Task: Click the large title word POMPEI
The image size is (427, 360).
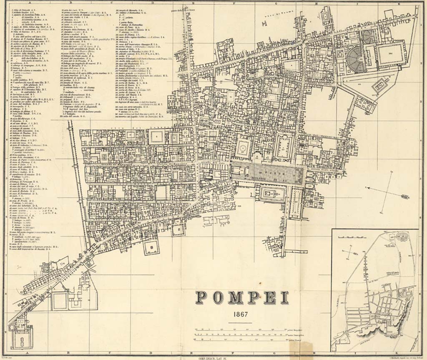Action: pyautogui.click(x=242, y=297)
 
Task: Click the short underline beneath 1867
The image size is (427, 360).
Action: pyautogui.click(x=240, y=322)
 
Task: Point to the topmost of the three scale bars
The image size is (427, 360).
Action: pyautogui.click(x=240, y=330)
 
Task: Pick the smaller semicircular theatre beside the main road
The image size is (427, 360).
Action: pyautogui.click(x=368, y=37)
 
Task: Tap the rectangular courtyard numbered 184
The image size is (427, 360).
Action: pyautogui.click(x=391, y=53)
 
